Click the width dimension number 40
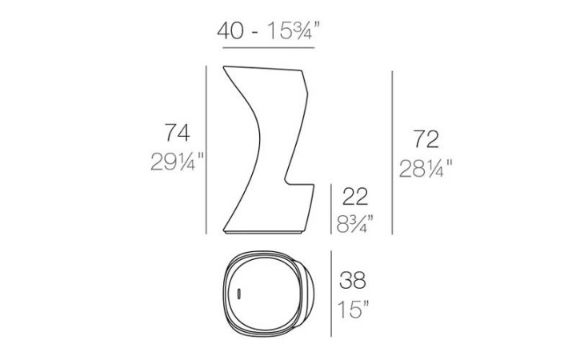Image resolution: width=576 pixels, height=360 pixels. coord(230,30)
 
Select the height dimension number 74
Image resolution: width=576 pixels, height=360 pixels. coord(177,133)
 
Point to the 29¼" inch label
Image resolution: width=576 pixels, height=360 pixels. coord(177,162)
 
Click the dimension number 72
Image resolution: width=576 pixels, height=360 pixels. coord(426,139)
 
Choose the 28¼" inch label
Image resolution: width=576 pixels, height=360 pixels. coord(426,168)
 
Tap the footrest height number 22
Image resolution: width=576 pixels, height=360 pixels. coord(355,197)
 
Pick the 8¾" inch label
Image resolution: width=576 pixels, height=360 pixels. coord(355,224)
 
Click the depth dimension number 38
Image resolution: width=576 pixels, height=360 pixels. coord(353,280)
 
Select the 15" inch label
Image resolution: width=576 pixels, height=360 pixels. coord(353,310)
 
